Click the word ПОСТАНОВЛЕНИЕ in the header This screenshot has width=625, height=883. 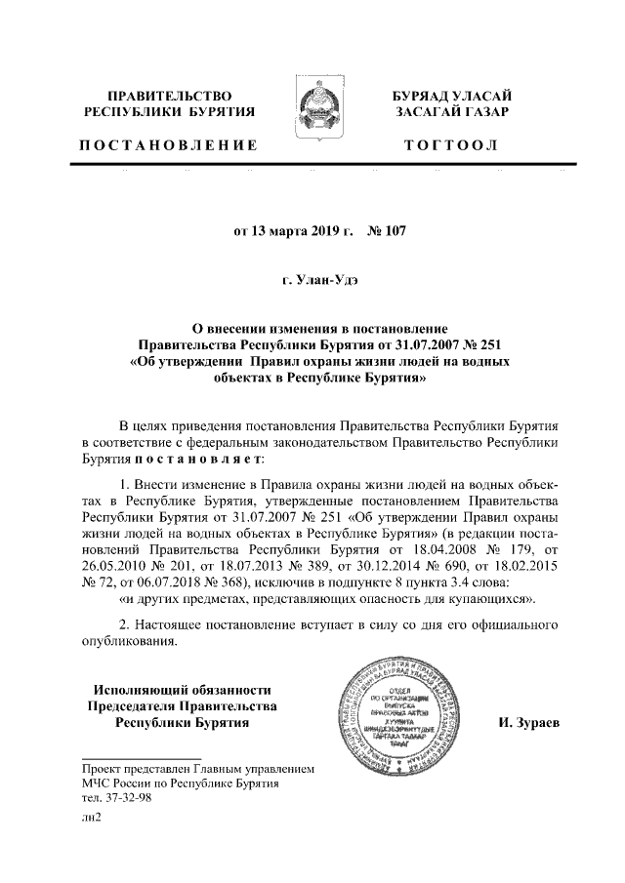[x=168, y=145]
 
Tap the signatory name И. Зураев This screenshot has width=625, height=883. [x=529, y=724]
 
